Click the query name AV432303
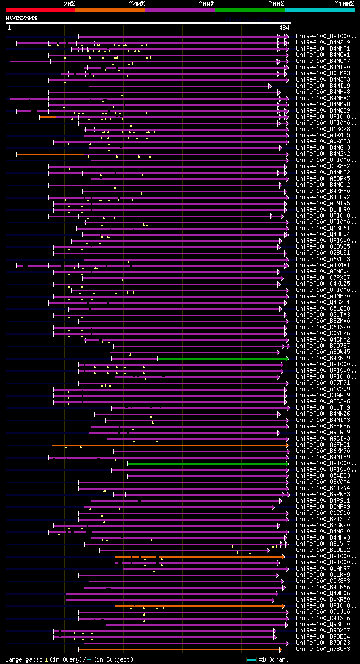tap(21, 18)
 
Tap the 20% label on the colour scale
tap(69, 3)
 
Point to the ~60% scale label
tap(206, 3)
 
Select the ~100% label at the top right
tap(344, 3)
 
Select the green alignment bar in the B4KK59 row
tap(223, 358)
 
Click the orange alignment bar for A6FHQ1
tap(169, 445)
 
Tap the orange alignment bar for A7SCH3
tap(180, 649)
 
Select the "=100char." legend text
tap(275, 659)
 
